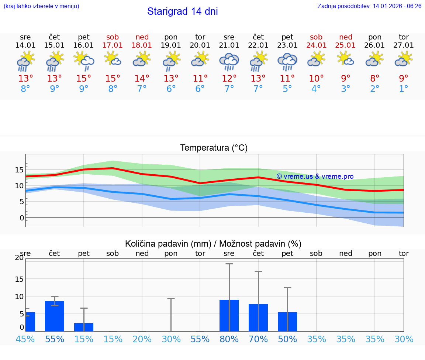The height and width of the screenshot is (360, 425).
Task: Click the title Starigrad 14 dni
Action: (x=182, y=11)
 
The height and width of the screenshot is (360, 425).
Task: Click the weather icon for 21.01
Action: (x=229, y=62)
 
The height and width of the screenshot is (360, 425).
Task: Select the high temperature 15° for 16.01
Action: (x=84, y=79)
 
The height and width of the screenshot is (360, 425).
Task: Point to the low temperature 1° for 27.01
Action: (x=404, y=89)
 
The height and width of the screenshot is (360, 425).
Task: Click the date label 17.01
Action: (x=113, y=45)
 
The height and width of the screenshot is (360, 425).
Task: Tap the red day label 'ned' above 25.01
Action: (x=346, y=37)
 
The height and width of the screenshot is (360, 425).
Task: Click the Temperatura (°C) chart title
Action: (x=214, y=148)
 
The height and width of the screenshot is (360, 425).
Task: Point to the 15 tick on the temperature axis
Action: (x=19, y=170)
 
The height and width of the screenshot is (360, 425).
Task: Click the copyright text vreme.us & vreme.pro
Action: (x=315, y=176)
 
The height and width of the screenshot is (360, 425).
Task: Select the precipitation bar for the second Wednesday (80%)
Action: (x=229, y=315)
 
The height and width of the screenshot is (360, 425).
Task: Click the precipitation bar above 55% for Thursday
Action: (x=55, y=316)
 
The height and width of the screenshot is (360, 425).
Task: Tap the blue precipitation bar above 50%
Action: (x=287, y=322)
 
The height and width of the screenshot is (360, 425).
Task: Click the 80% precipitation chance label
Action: (x=229, y=339)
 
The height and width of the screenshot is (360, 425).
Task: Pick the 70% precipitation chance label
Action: (x=258, y=339)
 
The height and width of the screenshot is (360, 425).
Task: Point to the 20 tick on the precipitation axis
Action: (x=19, y=258)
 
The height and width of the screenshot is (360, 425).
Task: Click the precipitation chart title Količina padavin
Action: (x=213, y=244)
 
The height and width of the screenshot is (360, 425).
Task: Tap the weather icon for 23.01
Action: (x=287, y=62)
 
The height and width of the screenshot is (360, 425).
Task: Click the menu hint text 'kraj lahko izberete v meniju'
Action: (x=41, y=6)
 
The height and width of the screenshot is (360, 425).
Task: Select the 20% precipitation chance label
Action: (x=142, y=339)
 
